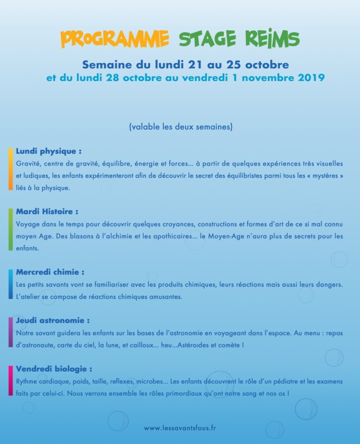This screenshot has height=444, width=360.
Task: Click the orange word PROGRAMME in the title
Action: point(115,39)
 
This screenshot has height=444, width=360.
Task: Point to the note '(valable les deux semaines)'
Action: point(180,127)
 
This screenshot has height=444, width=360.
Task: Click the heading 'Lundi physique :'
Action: point(49,151)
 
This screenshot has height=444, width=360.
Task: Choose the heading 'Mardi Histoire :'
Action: point(47,212)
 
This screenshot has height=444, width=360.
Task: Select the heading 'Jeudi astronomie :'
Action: point(53,320)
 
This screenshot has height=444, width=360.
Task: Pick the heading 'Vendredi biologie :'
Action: point(54,369)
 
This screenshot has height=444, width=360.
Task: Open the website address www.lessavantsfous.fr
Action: point(180,428)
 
